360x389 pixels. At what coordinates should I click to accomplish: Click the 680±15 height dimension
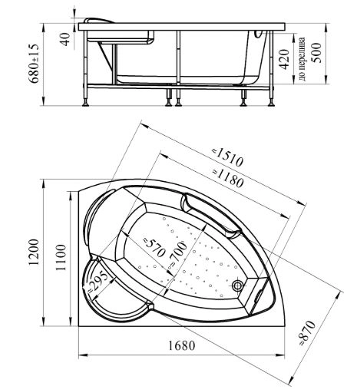(x=35, y=64)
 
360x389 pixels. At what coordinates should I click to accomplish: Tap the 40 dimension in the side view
(x=65, y=39)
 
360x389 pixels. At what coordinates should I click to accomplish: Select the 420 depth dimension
(x=284, y=59)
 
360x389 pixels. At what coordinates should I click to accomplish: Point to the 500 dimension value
(x=315, y=53)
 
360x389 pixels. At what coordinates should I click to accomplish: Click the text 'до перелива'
(x=302, y=58)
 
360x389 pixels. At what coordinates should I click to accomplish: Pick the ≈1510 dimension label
(x=227, y=157)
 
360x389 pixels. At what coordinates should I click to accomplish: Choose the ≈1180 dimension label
(x=227, y=177)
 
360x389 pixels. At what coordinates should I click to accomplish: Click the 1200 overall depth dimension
(x=34, y=252)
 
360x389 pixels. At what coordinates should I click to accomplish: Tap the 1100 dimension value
(x=61, y=258)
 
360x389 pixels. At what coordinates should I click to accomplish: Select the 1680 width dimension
(x=182, y=345)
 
